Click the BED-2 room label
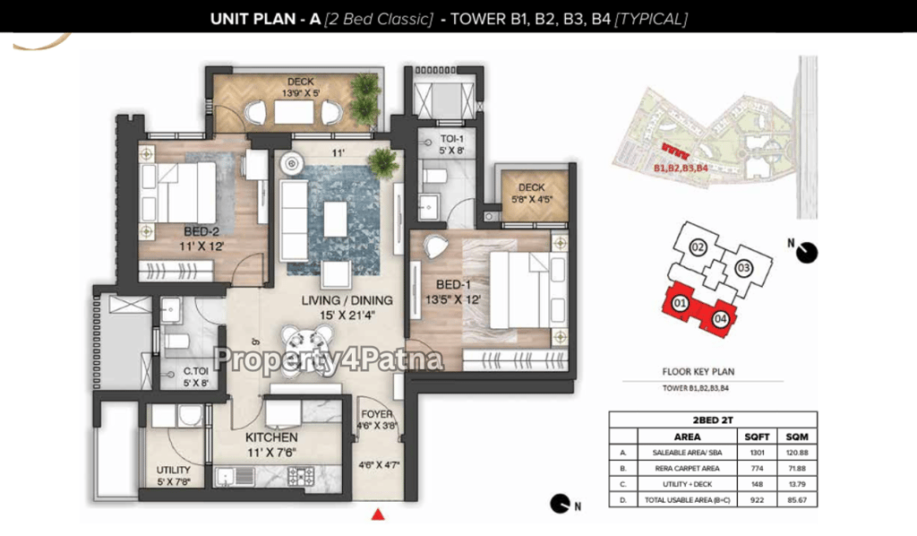(201, 232)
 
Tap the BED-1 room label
(453, 285)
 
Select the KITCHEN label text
(271, 437)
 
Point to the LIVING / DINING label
(347, 301)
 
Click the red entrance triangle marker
(378, 514)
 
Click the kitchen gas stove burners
(301, 476)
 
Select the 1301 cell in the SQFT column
(757, 453)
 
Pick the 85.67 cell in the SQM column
(796, 500)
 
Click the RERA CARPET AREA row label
(687, 469)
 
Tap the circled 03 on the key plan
(743, 269)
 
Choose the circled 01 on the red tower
(680, 303)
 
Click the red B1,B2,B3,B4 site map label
(681, 168)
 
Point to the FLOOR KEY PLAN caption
(698, 372)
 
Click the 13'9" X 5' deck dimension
(301, 93)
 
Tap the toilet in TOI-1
(434, 176)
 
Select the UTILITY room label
(173, 470)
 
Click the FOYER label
(377, 414)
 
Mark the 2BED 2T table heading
(713, 420)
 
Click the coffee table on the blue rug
(335, 219)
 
